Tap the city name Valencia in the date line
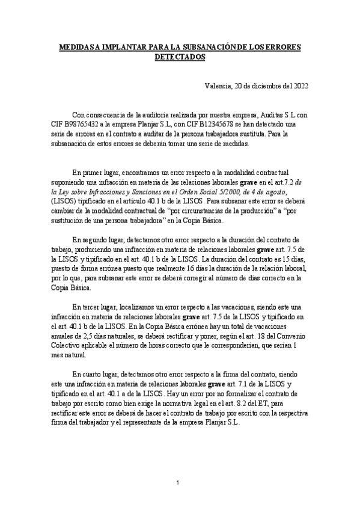[x=218, y=86]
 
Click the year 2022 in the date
[x=299, y=86]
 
